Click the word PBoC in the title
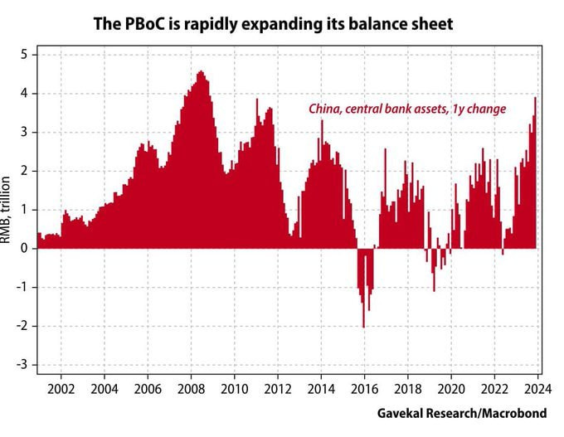pyautogui.click(x=150, y=24)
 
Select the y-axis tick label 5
pyautogui.click(x=25, y=55)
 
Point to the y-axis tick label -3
pyautogui.click(x=22, y=365)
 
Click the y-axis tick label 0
pyautogui.click(x=25, y=249)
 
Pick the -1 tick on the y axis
pyautogui.click(x=22, y=288)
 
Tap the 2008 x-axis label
pyautogui.click(x=191, y=388)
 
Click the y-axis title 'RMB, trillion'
pyautogui.click(x=7, y=211)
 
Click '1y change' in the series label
pyautogui.click(x=479, y=109)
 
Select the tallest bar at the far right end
pyautogui.click(x=535, y=100)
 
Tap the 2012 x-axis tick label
pyautogui.click(x=278, y=388)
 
